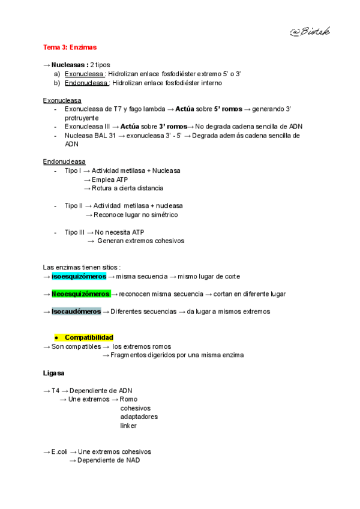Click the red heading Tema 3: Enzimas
click(x=70, y=47)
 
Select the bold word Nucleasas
click(x=70, y=65)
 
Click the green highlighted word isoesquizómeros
click(x=79, y=276)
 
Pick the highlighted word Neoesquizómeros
click(x=80, y=294)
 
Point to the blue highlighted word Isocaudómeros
click(x=76, y=312)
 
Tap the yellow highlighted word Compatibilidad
click(x=89, y=337)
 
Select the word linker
click(x=128, y=426)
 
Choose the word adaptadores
click(x=139, y=417)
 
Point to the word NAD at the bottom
click(x=133, y=460)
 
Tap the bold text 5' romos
click(x=228, y=109)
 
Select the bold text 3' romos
click(x=173, y=127)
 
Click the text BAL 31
click(x=102, y=136)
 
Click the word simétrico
click(x=163, y=214)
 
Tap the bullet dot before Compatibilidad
click(x=56, y=337)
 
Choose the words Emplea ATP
click(x=110, y=179)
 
